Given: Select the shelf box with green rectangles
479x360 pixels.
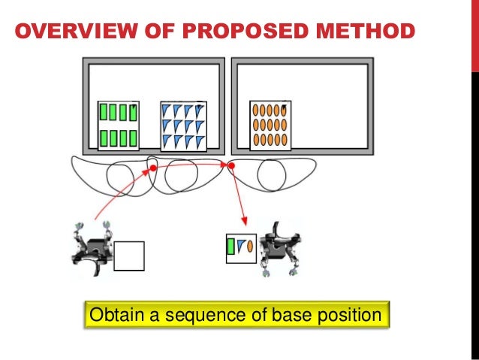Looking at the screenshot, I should [118, 126].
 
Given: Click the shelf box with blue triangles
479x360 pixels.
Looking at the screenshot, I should [182, 126].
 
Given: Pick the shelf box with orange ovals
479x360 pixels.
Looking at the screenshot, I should [270, 126].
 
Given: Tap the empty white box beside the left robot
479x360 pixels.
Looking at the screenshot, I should [128, 256].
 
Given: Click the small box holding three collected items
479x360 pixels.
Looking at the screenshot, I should [241, 248].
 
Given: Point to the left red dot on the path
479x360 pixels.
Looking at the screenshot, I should [153, 168].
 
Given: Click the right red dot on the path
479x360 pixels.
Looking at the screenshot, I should [231, 165].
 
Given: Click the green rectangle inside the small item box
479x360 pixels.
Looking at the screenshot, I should [231, 247].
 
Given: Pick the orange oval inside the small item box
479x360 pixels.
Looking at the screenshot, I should [249, 246].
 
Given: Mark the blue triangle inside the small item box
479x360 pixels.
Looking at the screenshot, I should [240, 246].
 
